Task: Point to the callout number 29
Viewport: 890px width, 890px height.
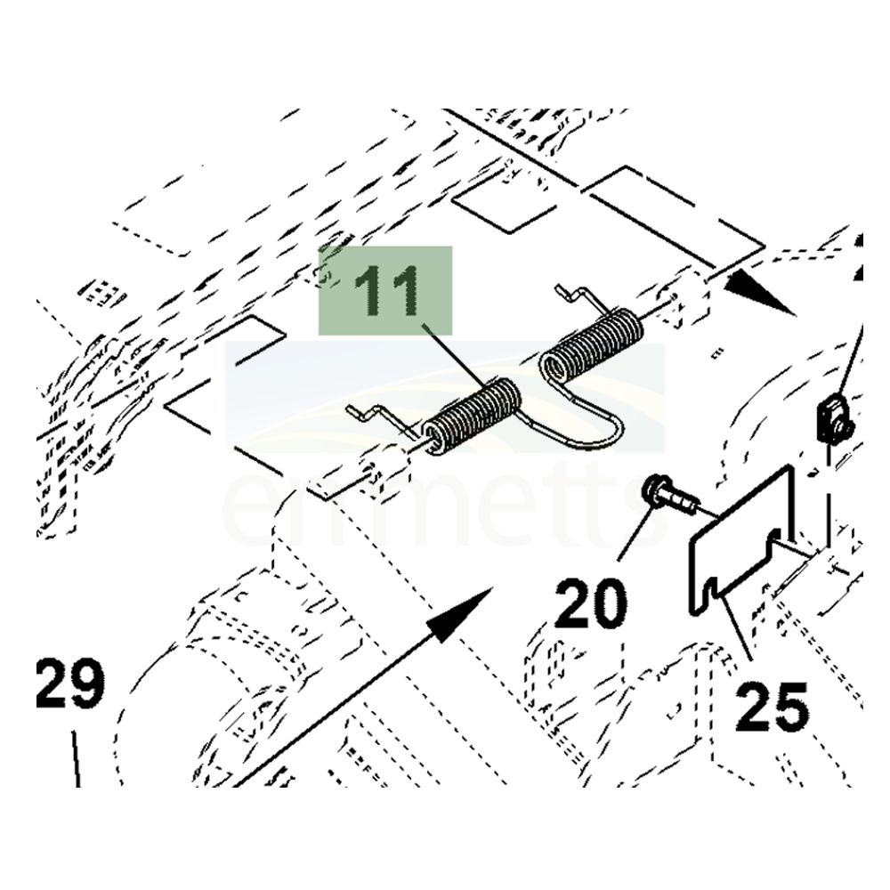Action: click(x=70, y=684)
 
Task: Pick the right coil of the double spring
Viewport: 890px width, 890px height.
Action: click(x=595, y=343)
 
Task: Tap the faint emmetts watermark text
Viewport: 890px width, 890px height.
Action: click(x=445, y=512)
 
